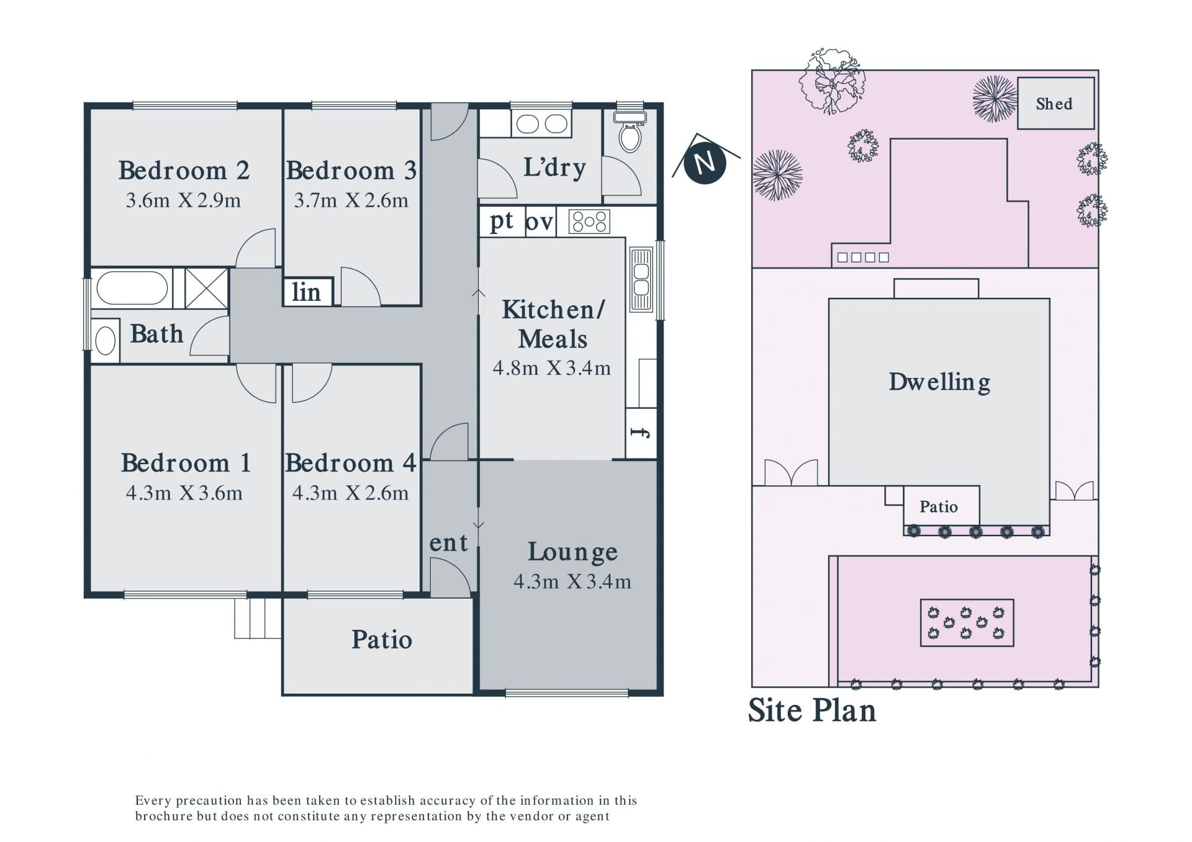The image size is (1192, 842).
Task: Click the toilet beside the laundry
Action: (x=630, y=131)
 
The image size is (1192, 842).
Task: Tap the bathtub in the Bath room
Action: (x=132, y=288)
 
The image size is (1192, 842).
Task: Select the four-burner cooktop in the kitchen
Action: (x=589, y=222)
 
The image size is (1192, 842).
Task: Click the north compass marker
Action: (x=705, y=163)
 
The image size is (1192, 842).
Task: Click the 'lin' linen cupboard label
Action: (x=306, y=292)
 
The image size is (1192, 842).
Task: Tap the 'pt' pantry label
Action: (x=502, y=221)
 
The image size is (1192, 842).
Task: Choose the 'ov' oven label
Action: (x=539, y=222)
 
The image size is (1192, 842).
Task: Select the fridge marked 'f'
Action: (x=641, y=432)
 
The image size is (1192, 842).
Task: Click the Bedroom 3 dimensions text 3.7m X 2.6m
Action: (x=351, y=200)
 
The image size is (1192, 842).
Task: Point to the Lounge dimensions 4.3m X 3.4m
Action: (x=572, y=581)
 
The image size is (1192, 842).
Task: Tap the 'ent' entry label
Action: (x=448, y=543)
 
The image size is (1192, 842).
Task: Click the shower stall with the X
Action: (x=207, y=288)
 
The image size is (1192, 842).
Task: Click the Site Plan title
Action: (x=812, y=710)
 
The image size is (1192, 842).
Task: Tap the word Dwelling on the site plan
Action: (x=939, y=382)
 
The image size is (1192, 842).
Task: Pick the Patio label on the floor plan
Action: (x=382, y=640)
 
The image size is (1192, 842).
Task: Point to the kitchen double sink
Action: (x=641, y=279)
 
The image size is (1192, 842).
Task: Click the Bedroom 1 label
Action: (x=186, y=463)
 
